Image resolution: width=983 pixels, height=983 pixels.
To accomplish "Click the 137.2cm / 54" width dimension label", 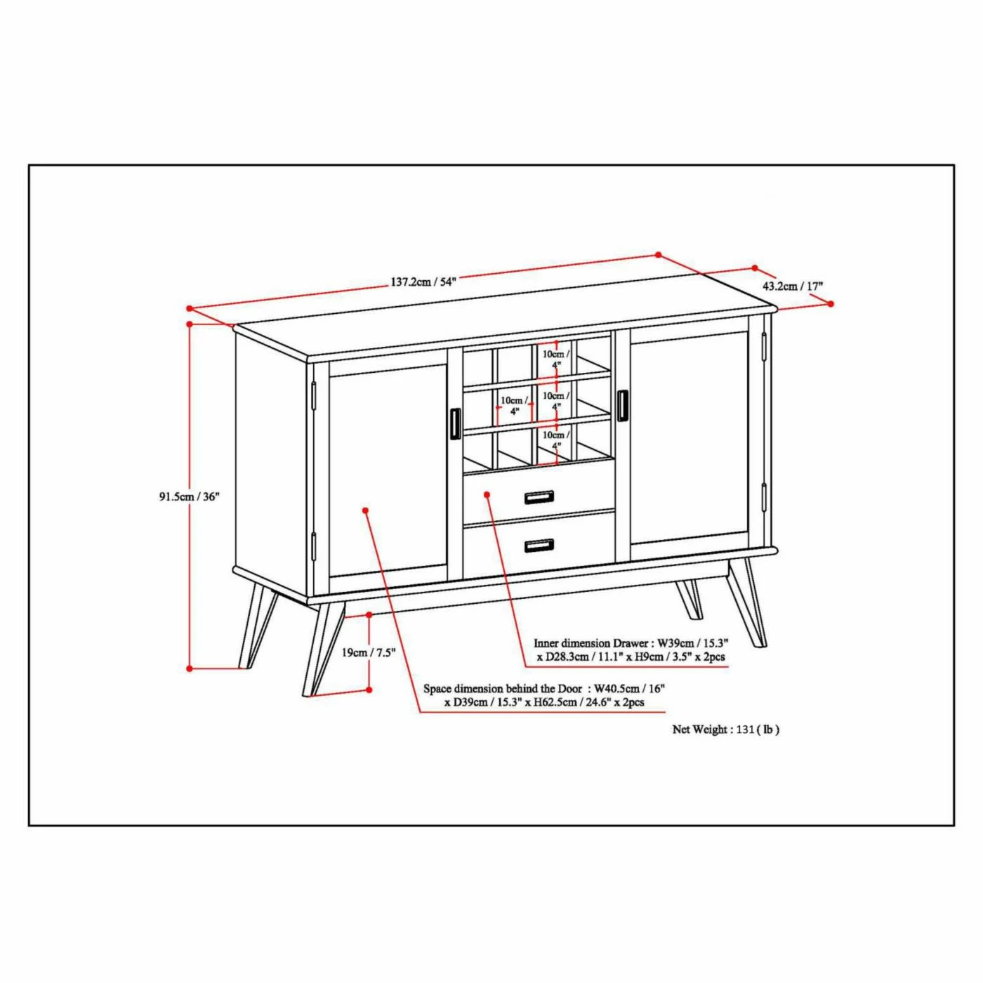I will [423, 282].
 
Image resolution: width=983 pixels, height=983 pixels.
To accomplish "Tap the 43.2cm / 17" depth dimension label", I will [793, 286].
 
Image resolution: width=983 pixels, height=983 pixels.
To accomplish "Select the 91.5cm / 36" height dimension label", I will [189, 496].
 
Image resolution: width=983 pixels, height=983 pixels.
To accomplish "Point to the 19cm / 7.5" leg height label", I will [369, 652].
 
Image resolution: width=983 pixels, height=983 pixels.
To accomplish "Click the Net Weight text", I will [725, 730].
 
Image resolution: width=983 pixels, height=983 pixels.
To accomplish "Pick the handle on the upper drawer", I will [539, 497].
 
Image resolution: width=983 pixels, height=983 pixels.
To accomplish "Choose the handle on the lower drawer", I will [539, 545].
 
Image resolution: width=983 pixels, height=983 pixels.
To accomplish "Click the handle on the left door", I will [454, 423].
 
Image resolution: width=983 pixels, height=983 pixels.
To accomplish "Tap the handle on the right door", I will [622, 405].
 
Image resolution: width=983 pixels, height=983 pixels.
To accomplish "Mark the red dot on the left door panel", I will [366, 510].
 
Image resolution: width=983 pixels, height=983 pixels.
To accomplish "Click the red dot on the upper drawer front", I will [487, 494].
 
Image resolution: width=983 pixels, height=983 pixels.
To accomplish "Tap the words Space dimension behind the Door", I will [503, 689].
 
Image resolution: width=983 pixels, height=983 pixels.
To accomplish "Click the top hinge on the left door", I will [314, 395].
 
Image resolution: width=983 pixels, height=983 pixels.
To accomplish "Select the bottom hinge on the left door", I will [314, 546].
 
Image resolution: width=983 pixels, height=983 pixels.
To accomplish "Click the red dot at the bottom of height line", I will [190, 668].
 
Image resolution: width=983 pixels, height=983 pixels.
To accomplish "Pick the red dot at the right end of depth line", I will [831, 304].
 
